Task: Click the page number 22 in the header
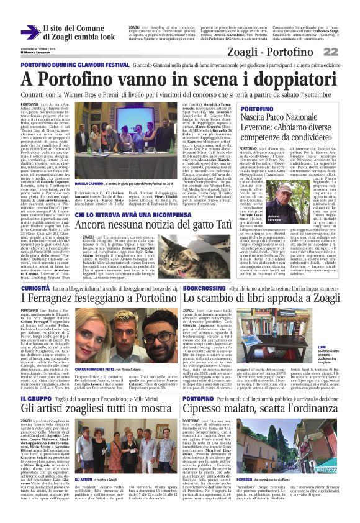[346, 52]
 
